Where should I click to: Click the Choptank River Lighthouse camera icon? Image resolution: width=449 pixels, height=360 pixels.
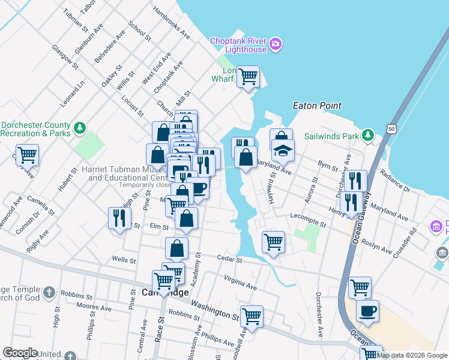(276, 44)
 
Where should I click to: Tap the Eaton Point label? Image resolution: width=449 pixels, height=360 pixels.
(316, 106)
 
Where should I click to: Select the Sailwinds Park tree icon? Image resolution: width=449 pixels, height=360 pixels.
(369, 136)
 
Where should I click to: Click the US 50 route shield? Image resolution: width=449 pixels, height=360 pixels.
(391, 128)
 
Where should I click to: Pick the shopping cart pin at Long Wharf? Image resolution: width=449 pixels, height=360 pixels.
(248, 77)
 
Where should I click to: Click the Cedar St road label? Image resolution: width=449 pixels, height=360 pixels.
(229, 260)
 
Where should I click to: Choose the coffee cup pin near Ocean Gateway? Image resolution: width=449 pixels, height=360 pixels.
(367, 311)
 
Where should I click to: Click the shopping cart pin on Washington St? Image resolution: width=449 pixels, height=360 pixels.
(252, 316)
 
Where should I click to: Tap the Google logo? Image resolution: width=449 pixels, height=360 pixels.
(20, 352)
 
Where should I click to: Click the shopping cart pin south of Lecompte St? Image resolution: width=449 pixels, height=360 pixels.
(273, 242)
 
